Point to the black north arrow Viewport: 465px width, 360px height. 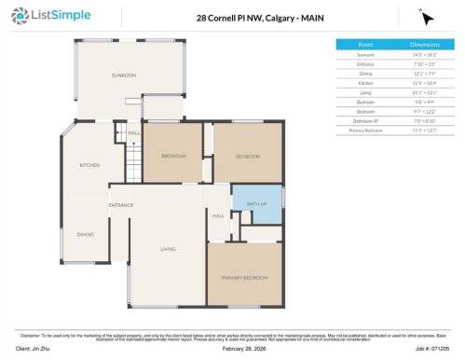click(x=427, y=18)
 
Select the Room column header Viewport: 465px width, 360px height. click(x=365, y=44)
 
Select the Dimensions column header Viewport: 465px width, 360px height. click(x=426, y=44)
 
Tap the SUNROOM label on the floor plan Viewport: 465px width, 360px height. click(x=124, y=75)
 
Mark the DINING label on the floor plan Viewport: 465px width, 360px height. click(x=85, y=234)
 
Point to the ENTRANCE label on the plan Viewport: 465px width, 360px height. click(x=120, y=204)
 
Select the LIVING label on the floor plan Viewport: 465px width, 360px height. click(x=168, y=248)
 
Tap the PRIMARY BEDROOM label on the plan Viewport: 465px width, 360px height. click(x=244, y=278)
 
